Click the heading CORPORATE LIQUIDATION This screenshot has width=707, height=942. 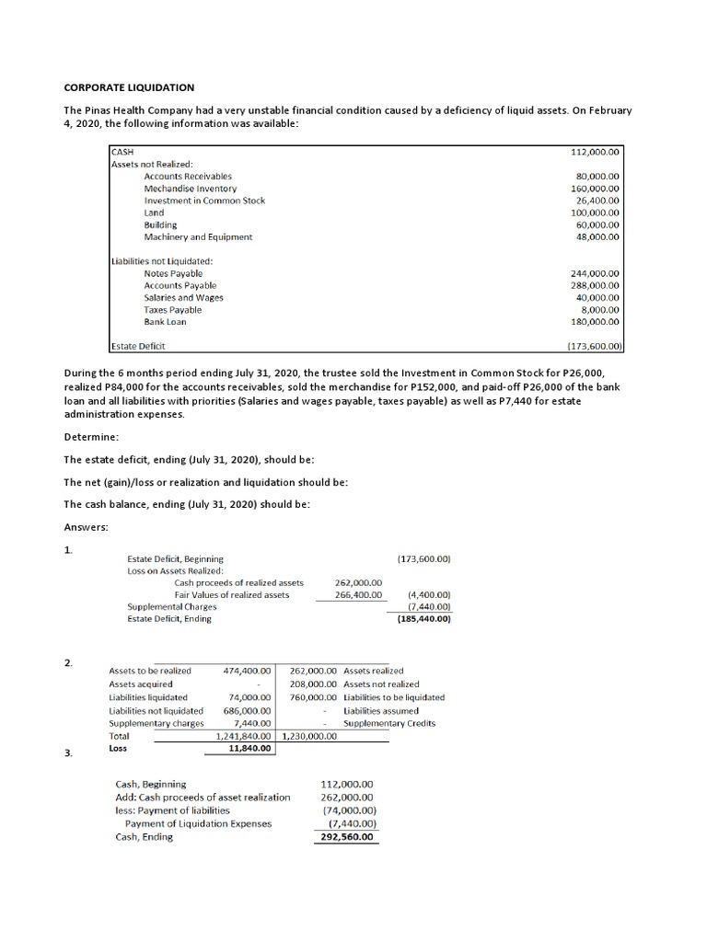129,87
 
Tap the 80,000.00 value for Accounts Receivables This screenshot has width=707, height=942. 597,176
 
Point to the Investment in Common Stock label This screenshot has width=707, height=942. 204,201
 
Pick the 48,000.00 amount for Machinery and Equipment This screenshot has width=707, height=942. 597,236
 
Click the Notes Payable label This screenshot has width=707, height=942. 173,273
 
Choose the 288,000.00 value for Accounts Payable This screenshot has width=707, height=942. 595,285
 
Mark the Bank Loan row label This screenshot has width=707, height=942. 165,322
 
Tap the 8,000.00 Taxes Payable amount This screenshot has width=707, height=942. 600,310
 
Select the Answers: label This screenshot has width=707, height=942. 87,527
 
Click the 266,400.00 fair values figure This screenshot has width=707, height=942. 358,595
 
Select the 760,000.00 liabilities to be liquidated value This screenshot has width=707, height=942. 313,697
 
